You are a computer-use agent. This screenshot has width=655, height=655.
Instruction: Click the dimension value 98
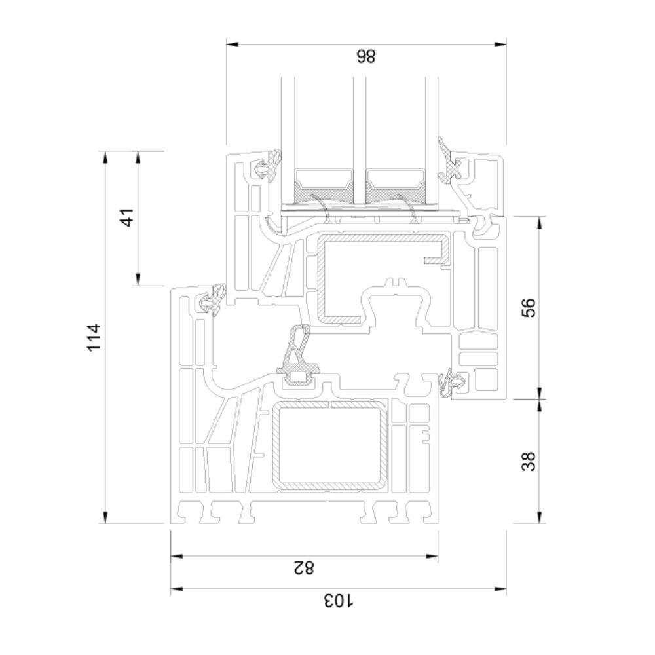[366, 56]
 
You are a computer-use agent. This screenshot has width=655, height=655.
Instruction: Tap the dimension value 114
[94, 337]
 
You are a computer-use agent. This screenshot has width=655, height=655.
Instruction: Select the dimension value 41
[127, 217]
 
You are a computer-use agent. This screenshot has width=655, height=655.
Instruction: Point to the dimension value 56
[529, 307]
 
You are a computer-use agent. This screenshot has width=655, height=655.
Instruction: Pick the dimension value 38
[529, 461]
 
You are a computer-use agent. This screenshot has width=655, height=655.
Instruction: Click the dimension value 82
[303, 568]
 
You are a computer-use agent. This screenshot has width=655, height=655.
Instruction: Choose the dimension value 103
[339, 600]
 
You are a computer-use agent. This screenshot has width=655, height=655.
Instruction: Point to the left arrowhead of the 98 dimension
[232, 44]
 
